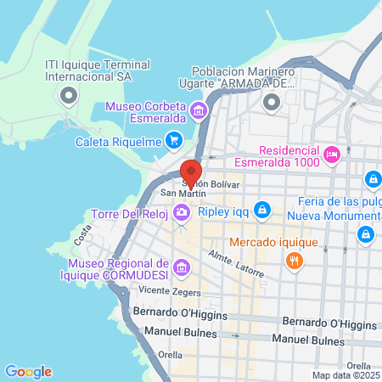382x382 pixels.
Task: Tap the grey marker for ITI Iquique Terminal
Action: pos(67,95)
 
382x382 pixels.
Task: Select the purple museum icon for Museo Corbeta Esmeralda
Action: pos(198,110)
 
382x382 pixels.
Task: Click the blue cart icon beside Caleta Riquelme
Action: pos(174,140)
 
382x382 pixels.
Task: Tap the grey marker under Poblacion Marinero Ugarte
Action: pos(272,104)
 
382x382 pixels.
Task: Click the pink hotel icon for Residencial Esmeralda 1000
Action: pos(332,154)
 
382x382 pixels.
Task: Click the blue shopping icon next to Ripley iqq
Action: pos(263,208)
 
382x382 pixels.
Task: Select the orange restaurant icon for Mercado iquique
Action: pos(295,261)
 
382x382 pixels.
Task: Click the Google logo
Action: pos(28,372)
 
